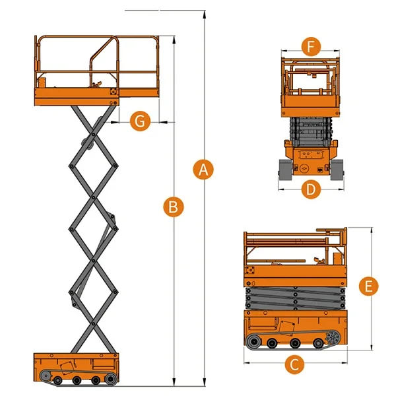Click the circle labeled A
click(204, 170)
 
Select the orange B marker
click(173, 207)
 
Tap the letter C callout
click(296, 363)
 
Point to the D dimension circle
click(311, 190)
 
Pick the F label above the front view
click(311, 47)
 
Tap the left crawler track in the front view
click(284, 170)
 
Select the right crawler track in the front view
click(337, 170)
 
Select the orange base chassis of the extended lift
click(77, 364)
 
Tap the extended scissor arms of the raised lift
click(93, 231)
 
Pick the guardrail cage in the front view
click(311, 79)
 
